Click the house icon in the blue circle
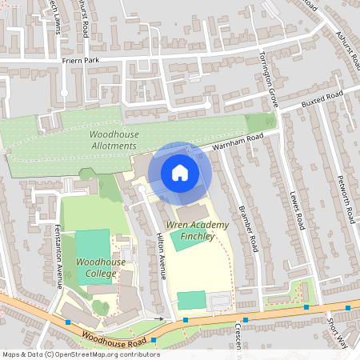pos(179,173)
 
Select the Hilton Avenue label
pos(161,257)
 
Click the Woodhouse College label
pos(96,267)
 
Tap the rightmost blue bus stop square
pos(347,306)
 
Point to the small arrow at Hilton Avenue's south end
pos(159,318)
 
